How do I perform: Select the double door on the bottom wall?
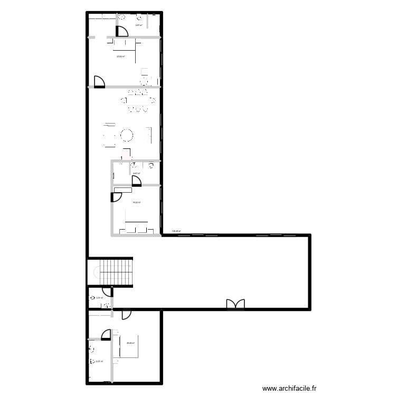point(235,304)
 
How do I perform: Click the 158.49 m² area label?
point(176,231)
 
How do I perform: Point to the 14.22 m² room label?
point(136,202)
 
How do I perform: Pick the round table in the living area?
point(127,136)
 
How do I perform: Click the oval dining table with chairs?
point(137,101)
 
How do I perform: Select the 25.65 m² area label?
point(120,56)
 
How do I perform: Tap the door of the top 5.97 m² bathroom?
point(121,31)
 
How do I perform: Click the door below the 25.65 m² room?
point(99,82)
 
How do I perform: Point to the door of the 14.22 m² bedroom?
point(116,197)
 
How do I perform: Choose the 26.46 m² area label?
point(130,343)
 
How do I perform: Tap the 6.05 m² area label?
point(99,361)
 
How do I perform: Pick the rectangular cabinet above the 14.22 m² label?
point(123,189)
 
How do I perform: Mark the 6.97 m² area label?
point(136,174)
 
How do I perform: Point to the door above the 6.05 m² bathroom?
point(106,334)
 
